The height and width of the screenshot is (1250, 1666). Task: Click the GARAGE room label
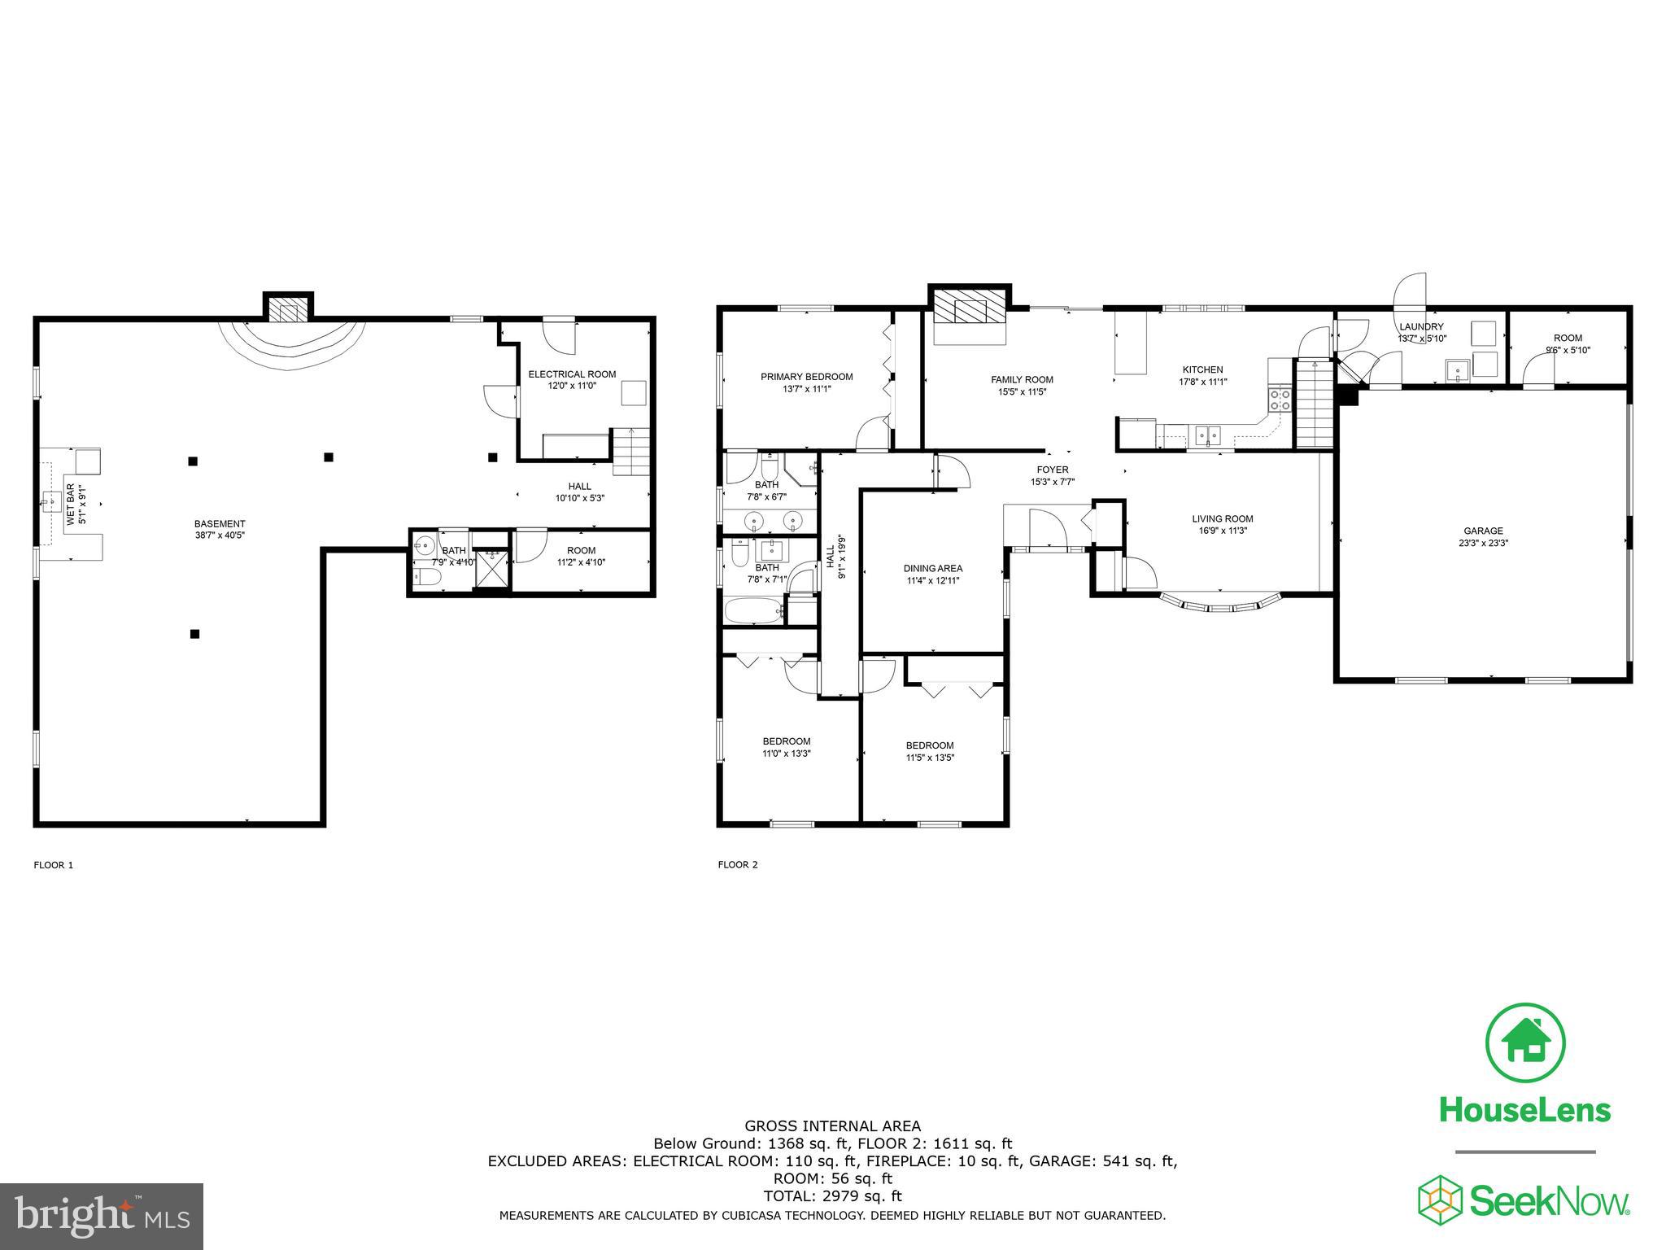(x=1483, y=531)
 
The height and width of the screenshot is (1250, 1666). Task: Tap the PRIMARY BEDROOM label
(x=806, y=377)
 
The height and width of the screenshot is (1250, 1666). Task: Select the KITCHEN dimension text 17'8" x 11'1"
(x=1202, y=382)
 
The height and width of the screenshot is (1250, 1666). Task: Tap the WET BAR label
(x=71, y=505)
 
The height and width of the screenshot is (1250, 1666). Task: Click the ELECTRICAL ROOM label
(x=572, y=374)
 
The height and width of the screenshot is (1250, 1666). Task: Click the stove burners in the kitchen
(x=1280, y=399)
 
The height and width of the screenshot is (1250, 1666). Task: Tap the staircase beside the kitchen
(x=1314, y=404)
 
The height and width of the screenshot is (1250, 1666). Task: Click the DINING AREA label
(x=932, y=569)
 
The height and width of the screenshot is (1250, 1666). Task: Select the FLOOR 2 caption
(x=737, y=865)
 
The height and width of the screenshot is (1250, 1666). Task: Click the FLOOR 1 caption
(x=53, y=865)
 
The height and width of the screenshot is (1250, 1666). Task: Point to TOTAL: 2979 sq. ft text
(x=832, y=1196)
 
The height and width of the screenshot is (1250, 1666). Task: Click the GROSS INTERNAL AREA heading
(x=832, y=1126)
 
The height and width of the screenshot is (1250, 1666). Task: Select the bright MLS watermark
(x=102, y=1215)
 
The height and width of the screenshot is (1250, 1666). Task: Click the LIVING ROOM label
(x=1222, y=519)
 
